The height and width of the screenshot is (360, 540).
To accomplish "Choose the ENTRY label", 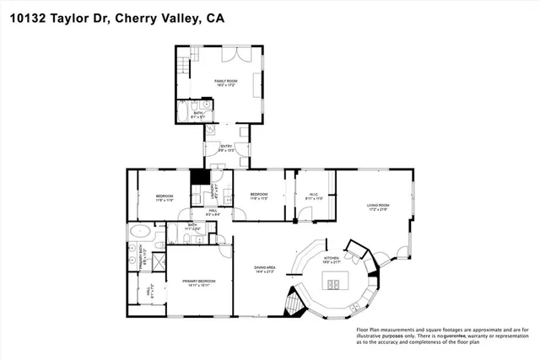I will click(226, 148).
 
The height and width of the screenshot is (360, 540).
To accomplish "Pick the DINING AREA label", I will click(266, 269).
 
